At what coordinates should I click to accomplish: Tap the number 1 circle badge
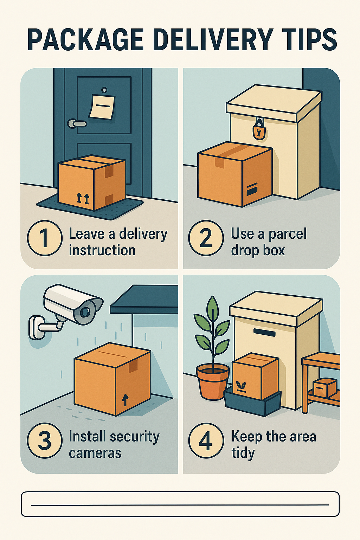click(45, 238)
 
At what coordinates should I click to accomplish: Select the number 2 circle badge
click(206, 238)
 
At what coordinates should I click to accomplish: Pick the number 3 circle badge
click(45, 441)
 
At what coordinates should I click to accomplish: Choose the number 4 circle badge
click(206, 441)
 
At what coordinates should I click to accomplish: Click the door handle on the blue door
click(77, 123)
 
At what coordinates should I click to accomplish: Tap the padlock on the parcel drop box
click(259, 131)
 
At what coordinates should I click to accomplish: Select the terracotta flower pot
click(212, 381)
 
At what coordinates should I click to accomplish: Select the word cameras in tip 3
click(95, 453)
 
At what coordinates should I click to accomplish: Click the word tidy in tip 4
click(243, 453)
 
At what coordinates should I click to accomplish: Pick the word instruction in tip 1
click(102, 251)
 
